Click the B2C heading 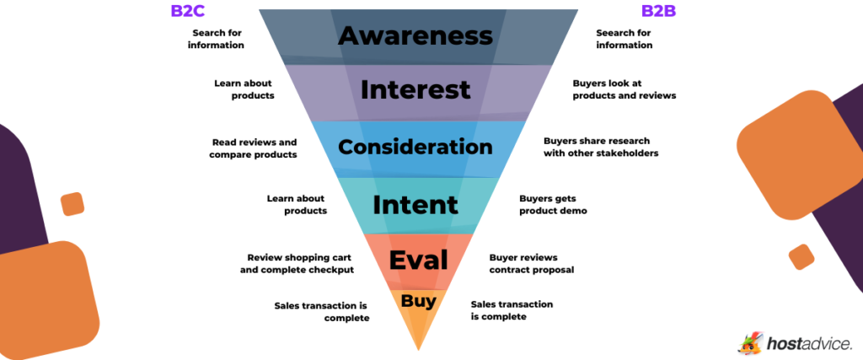point(188,11)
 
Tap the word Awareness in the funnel point(415,35)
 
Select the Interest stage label point(415,89)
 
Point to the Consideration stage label point(415,147)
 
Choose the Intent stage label point(415,204)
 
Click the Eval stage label point(418,261)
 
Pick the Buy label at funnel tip point(418,301)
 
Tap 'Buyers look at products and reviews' point(624,89)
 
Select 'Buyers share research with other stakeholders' point(600,147)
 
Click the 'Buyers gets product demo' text point(553,204)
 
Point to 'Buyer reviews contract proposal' point(531,263)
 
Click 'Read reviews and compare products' point(255,148)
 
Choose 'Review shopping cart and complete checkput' point(300,263)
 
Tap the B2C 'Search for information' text point(217,39)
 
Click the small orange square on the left point(72,204)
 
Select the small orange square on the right point(801,256)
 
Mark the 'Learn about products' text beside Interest point(244,89)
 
